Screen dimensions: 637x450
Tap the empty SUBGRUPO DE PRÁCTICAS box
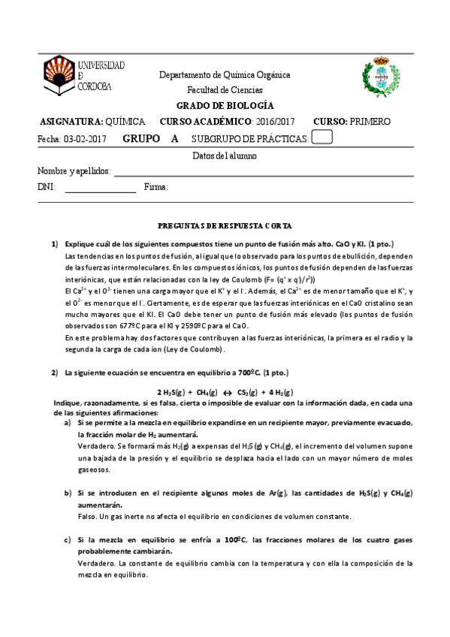coord(322,137)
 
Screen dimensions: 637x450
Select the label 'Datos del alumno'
coord(225,155)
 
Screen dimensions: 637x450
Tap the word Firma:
coord(156,187)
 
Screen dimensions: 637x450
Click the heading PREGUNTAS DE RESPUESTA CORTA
coord(225,225)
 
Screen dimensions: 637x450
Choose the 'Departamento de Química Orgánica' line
coord(225,75)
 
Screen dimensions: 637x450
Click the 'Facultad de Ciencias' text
coord(225,89)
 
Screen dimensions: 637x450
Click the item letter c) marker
coord(68,540)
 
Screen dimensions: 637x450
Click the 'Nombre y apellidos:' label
coord(74,171)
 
